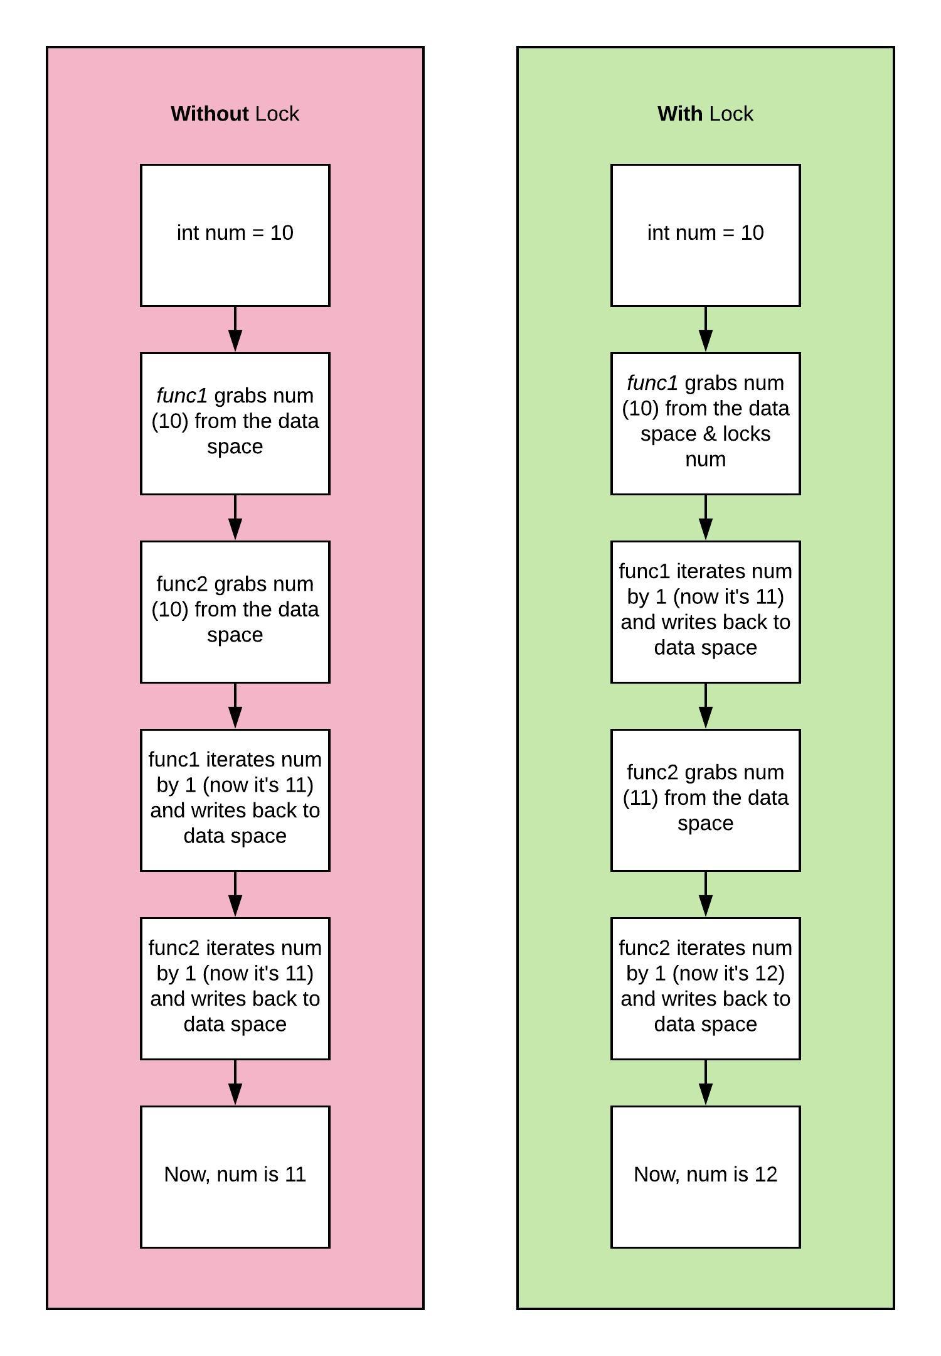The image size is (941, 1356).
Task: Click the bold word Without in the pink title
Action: click(210, 114)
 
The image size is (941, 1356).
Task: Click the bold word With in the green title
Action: click(679, 114)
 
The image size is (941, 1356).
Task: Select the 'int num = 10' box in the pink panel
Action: click(235, 235)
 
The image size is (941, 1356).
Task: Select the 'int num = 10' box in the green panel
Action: click(705, 235)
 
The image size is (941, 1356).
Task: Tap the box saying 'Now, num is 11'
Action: click(235, 1176)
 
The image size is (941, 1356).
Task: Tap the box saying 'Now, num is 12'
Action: click(705, 1176)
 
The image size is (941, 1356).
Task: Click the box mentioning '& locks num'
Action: click(705, 423)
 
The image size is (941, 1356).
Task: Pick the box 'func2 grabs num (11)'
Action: click(705, 800)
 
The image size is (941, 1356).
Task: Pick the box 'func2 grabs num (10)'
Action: click(235, 611)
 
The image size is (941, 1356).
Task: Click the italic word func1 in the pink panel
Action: click(181, 395)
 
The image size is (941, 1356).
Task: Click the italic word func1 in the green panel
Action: click(652, 383)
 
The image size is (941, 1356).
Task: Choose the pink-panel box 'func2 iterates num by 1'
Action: click(235, 988)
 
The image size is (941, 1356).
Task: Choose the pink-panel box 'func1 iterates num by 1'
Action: click(235, 800)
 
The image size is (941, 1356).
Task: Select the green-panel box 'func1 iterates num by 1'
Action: click(705, 611)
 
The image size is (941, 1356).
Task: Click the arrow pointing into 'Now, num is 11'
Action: click(235, 1084)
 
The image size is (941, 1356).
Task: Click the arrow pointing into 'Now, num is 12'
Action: click(705, 1084)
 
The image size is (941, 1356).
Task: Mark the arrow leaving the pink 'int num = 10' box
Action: click(235, 330)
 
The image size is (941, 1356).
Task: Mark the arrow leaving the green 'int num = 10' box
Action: click(705, 330)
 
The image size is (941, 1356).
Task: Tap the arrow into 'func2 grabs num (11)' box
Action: click(705, 707)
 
